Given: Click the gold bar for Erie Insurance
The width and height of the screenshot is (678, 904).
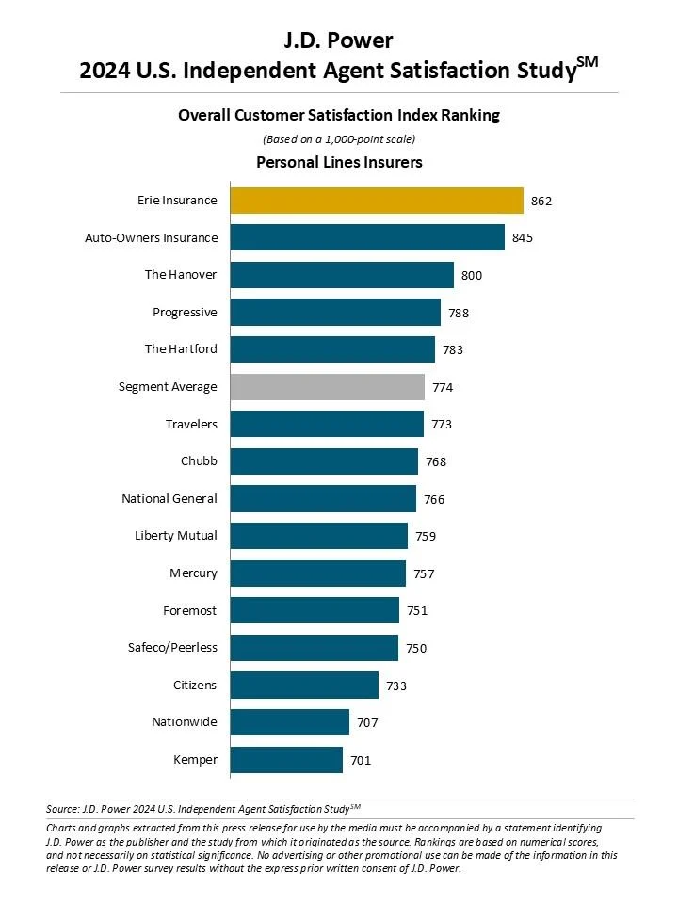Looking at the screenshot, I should coord(377,201).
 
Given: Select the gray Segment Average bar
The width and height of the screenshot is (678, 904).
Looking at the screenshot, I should coord(327,387).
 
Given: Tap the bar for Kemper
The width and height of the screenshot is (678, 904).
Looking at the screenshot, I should coord(286,759).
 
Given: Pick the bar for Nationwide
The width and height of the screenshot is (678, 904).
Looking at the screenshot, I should coord(289,722).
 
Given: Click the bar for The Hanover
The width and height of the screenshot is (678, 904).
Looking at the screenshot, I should coord(342,275).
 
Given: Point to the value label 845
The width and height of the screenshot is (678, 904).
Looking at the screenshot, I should coord(523,238).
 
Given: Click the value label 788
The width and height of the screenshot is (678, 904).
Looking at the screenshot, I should coord(459,313).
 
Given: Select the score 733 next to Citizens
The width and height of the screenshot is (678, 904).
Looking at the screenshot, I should coord(396,686).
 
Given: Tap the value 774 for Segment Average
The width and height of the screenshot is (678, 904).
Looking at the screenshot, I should coord(443,387).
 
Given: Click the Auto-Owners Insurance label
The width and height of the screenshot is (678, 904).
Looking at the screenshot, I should coord(152,237).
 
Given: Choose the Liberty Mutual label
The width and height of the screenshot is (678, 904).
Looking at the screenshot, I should coord(176,536).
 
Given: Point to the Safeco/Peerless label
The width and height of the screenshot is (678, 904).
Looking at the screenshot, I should coord(172,647).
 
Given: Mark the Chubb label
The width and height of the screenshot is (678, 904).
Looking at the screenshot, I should coord(199,461).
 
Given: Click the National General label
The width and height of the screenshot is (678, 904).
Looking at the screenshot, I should coord(169,498).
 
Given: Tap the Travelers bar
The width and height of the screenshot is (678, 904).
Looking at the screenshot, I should coord(327,424).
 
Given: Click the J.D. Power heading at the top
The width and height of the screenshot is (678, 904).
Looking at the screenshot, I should coord(339,40).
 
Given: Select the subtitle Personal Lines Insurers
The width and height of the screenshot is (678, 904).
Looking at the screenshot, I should coord(339,163).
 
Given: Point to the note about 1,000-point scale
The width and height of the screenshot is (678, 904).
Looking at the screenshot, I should coord(339,139).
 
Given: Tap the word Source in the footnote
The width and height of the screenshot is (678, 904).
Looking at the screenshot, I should coord(61,808).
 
